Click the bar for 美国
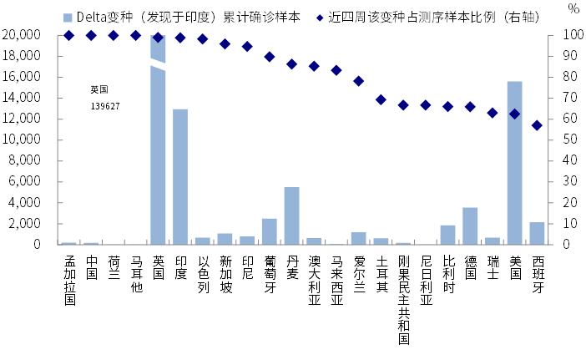pyautogui.click(x=514, y=163)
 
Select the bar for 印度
pyautogui.click(x=180, y=177)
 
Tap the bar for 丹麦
pyautogui.click(x=291, y=215)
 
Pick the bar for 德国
pyautogui.click(x=470, y=226)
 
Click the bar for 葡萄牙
pyautogui.click(x=270, y=231)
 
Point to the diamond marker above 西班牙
pyautogui.click(x=537, y=125)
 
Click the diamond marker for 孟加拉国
pyautogui.click(x=68, y=36)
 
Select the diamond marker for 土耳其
pyautogui.click(x=381, y=99)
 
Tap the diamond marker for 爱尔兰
pyautogui.click(x=359, y=81)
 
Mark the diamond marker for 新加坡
pyautogui.click(x=225, y=44)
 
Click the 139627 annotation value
pyautogui.click(x=105, y=107)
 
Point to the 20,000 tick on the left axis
pyautogui.click(x=22, y=35)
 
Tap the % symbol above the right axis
pyautogui.click(x=573, y=8)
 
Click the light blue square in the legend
pyautogui.click(x=68, y=18)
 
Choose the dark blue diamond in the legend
pyautogui.click(x=320, y=18)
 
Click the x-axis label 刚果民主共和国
pyautogui.click(x=404, y=300)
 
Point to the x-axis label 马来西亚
pyautogui.click(x=336, y=280)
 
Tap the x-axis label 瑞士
pyautogui.click(x=493, y=267)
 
